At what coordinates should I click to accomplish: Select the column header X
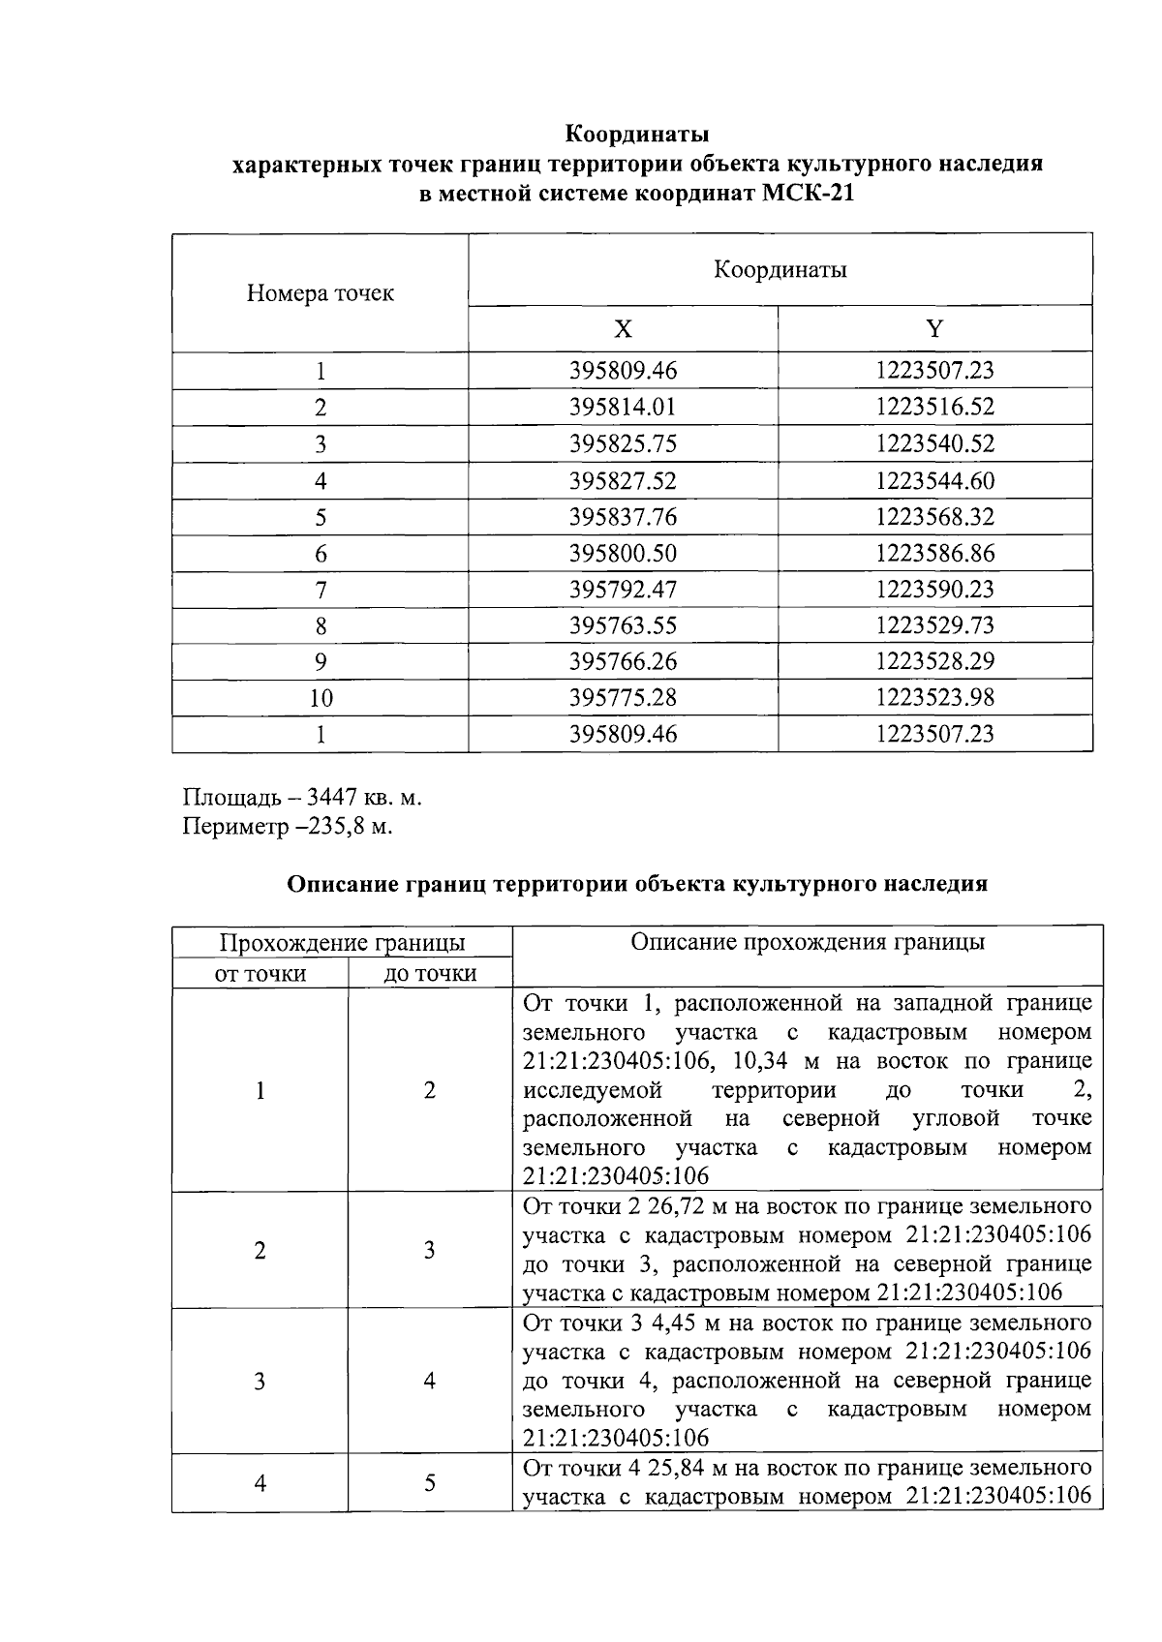click(x=623, y=329)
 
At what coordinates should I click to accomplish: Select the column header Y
click(x=934, y=329)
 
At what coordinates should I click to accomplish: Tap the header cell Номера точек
click(x=320, y=293)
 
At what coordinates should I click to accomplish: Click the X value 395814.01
click(x=623, y=408)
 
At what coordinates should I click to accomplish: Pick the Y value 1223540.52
click(x=934, y=444)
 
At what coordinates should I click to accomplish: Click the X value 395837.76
click(x=623, y=517)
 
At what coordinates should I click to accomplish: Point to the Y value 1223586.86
click(x=934, y=554)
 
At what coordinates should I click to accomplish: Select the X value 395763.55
click(x=623, y=626)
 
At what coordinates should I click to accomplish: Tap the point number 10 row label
click(x=321, y=698)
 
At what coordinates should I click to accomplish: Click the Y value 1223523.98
click(x=934, y=698)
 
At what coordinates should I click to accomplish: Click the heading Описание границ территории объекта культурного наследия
click(x=637, y=884)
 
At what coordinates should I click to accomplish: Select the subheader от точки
click(x=260, y=974)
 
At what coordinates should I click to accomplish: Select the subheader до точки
click(x=430, y=974)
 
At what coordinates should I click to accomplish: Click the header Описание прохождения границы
click(x=808, y=943)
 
